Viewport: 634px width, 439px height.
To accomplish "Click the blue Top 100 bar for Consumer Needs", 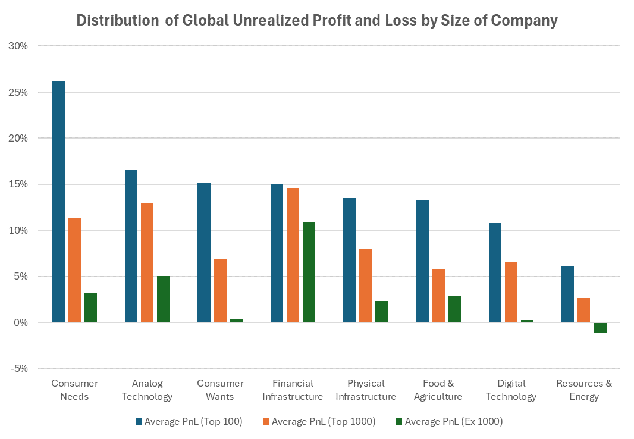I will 58,202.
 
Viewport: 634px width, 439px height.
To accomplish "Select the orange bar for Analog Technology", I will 147,262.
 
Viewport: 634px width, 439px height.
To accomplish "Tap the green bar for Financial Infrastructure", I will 309,272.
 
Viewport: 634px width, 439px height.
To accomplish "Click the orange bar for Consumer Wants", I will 220,290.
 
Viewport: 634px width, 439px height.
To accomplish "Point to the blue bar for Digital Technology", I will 495,272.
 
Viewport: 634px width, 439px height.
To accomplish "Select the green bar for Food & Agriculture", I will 454,309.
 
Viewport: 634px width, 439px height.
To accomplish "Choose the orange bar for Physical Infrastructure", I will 365,286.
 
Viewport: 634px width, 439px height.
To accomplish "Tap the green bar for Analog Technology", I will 163,299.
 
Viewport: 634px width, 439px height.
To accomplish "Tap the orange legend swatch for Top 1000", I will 265,422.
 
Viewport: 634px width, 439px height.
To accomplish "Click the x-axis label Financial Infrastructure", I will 293,390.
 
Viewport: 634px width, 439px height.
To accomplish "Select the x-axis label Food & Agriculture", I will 438,390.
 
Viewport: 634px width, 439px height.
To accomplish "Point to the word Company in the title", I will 526,21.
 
